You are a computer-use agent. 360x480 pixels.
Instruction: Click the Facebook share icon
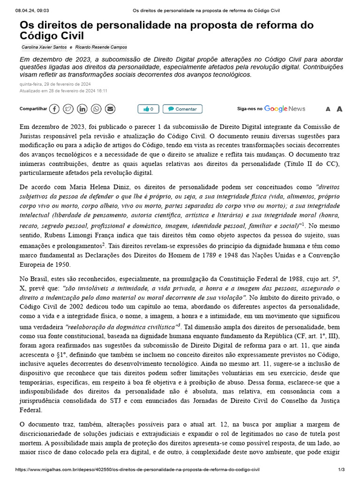(54, 109)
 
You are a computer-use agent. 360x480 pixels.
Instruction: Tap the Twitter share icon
(68, 109)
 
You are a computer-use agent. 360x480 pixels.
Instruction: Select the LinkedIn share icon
(82, 109)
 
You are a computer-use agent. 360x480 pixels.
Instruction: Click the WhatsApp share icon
(96, 109)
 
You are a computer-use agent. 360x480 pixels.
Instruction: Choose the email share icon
(110, 109)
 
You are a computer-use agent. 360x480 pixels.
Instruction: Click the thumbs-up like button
(149, 109)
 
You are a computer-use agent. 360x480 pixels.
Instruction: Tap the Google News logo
(285, 109)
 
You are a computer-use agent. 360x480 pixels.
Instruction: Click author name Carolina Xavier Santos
(44, 47)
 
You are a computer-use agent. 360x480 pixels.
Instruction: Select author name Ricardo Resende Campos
(101, 47)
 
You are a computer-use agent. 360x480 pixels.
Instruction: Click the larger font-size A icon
(339, 109)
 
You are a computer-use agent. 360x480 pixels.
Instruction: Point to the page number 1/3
(341, 469)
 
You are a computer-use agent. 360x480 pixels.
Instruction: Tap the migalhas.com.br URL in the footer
(137, 469)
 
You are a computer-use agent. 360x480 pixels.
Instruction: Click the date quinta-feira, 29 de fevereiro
(55, 84)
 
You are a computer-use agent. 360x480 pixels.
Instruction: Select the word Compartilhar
(33, 109)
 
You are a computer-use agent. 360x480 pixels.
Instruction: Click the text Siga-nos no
(249, 109)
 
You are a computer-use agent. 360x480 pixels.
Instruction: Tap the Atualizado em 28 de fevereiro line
(63, 91)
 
